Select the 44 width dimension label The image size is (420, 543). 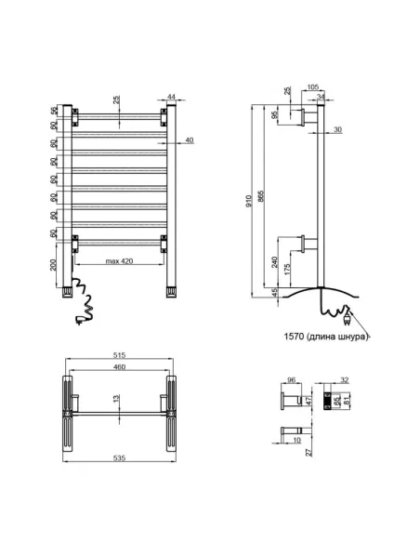[173, 98]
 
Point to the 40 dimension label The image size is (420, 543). [189, 140]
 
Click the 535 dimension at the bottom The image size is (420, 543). [117, 459]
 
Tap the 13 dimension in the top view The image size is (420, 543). [114, 400]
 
